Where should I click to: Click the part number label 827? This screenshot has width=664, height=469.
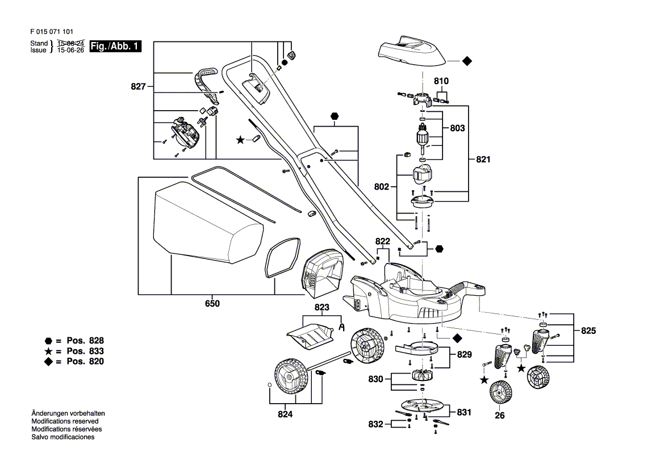click(x=139, y=87)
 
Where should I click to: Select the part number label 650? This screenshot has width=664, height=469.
click(x=212, y=304)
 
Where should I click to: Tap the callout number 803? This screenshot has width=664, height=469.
click(x=457, y=128)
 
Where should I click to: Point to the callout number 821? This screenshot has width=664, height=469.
click(x=482, y=160)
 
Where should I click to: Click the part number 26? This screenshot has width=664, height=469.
click(x=499, y=415)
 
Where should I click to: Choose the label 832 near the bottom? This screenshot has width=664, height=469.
click(x=376, y=424)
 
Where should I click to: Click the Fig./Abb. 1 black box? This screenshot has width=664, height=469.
click(x=115, y=47)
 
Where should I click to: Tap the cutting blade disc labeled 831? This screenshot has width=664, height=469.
click(x=421, y=406)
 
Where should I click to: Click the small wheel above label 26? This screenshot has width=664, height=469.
click(x=500, y=392)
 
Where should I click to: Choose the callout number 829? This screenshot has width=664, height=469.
click(x=464, y=354)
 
